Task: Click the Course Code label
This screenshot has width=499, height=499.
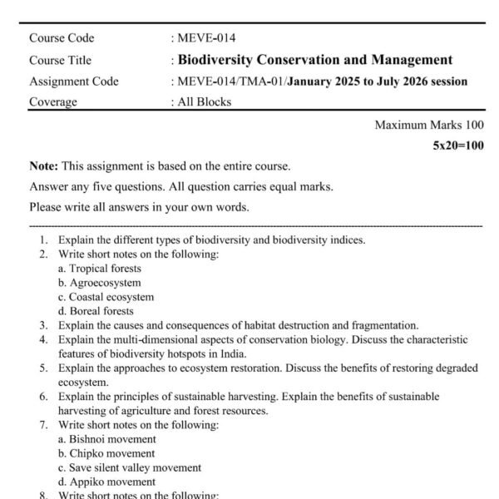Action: (62, 37)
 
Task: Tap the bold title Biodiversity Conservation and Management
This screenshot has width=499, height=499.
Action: (315, 60)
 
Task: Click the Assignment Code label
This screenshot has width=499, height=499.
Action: (73, 82)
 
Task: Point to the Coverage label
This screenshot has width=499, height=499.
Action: (53, 102)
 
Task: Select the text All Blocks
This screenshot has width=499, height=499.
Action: (205, 102)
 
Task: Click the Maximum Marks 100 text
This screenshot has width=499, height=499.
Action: (429, 125)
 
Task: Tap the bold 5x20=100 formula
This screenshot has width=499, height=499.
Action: (458, 146)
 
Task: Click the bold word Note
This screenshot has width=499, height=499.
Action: (42, 166)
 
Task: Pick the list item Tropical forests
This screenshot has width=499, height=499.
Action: (105, 269)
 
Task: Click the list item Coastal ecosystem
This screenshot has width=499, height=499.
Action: (111, 297)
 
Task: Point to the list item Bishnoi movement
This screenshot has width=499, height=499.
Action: (112, 439)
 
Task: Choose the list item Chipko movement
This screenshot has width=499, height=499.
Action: (112, 453)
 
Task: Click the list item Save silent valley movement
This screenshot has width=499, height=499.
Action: (136, 467)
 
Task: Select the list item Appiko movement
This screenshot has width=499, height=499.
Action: (112, 482)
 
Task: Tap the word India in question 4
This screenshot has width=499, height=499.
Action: (234, 353)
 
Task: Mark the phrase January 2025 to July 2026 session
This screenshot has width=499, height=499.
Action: (377, 82)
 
